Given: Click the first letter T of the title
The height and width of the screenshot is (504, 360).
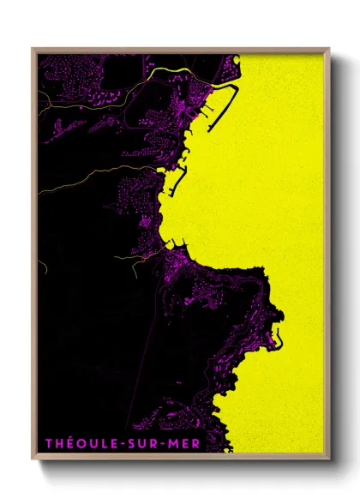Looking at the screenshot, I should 49,443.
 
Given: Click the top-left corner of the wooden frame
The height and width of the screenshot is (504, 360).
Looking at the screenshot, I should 33,48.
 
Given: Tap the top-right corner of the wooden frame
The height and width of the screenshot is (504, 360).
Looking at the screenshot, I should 329,48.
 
